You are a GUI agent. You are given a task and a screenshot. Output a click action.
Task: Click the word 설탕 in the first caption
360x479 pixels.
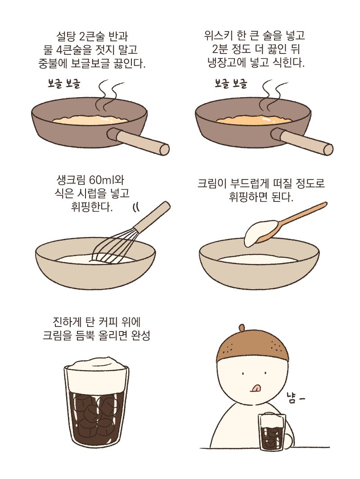coord(64,35)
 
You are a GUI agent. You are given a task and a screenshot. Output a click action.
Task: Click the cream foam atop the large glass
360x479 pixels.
coord(96,371)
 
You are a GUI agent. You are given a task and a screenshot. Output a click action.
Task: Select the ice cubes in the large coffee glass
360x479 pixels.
coord(95,414)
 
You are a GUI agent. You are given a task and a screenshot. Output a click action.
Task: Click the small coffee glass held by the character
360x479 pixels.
coord(272,432)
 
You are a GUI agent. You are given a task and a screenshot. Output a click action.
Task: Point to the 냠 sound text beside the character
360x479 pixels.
coord(294,397)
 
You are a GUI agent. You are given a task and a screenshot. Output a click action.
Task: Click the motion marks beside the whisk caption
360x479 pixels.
coord(135,207)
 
